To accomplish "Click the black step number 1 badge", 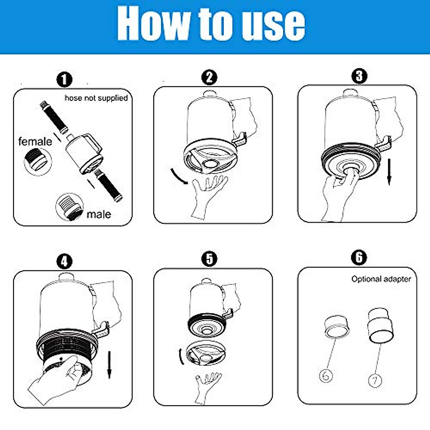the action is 64,80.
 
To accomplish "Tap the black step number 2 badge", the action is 209,77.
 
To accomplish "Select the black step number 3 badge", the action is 359,76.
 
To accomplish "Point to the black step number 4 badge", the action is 64,261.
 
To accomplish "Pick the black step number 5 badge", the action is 209,259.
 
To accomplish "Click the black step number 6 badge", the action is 359,257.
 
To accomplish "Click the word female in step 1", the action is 35,142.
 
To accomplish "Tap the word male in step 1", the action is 99,214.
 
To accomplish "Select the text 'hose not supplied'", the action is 96,98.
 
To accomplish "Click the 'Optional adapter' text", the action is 381,279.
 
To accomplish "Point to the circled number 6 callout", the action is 326,376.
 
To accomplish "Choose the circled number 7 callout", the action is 375,381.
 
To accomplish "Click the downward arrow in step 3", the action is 390,172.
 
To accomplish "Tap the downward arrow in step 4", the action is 109,365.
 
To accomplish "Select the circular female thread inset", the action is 38,161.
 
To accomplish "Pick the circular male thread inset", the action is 70,207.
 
